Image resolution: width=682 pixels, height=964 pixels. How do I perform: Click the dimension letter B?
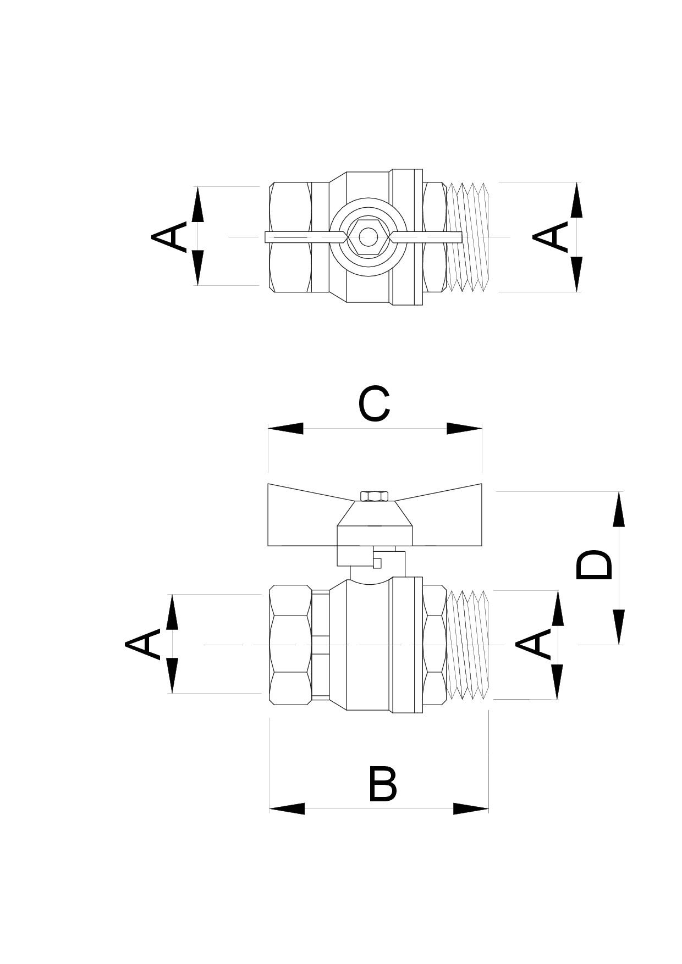pos(382,784)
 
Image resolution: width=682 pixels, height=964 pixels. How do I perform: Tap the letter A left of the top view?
pos(169,236)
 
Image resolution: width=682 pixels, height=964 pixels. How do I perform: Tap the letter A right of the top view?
pos(550,236)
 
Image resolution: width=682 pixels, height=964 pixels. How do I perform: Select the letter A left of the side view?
pos(142,644)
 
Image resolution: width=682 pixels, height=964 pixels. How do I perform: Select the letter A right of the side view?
pos(533,644)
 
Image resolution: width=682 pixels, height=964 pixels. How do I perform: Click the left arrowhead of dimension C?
pos(285,428)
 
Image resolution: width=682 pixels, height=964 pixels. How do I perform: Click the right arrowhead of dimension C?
pos(464,428)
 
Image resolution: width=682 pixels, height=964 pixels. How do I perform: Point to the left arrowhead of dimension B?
pos(287,808)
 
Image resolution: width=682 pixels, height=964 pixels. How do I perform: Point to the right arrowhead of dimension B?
pos(471,808)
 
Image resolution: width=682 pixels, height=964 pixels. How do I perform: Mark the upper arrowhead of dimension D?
pos(619,509)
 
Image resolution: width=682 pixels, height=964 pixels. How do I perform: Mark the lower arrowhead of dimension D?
pos(619,627)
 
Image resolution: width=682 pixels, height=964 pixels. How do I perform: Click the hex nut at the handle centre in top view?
pos(366,237)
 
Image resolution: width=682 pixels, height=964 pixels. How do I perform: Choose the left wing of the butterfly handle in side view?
pos(302,515)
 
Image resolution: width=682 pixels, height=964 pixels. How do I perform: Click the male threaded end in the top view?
pos(467,236)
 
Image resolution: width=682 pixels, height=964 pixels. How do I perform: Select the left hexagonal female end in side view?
pos(290,644)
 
